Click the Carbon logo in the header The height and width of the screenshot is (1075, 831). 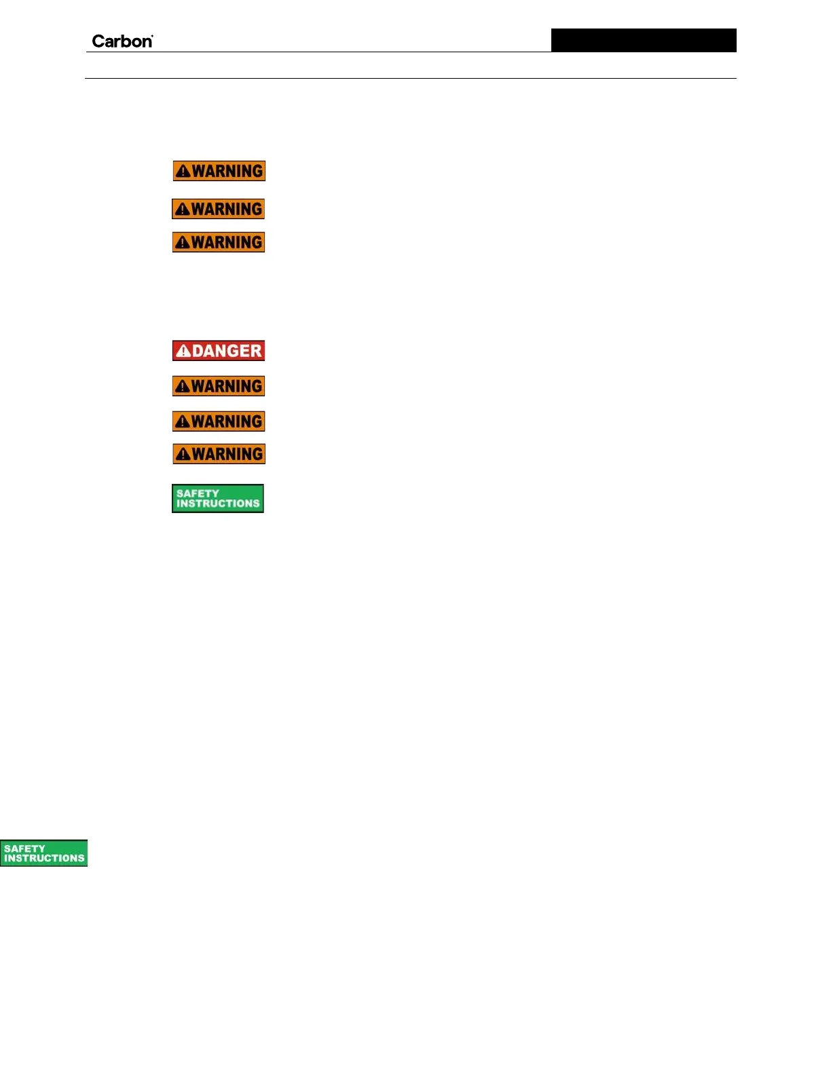pos(122,41)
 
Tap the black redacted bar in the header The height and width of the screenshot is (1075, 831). pos(643,40)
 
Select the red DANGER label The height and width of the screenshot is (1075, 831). pos(218,350)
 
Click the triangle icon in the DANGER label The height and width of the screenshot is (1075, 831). pos(183,351)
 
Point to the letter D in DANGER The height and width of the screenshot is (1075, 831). pos(198,351)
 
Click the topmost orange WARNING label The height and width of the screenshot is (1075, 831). pos(219,171)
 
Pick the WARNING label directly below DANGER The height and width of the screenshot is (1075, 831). pos(218,386)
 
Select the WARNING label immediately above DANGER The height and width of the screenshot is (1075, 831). pos(218,242)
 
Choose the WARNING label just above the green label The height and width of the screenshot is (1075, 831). pos(219,454)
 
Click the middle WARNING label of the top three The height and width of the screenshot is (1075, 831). pos(218,209)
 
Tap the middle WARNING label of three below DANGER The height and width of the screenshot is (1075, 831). pos(218,421)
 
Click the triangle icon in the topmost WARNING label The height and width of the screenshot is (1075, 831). pos(183,172)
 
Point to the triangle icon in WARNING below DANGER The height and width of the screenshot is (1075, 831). pos(182,387)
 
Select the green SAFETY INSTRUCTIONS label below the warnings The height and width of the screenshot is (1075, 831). pos(217,498)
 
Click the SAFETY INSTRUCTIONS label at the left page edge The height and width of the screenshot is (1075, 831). pos(44,853)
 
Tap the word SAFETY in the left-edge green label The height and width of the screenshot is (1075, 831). pos(24,848)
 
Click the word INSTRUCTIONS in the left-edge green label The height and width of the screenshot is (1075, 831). pos(44,859)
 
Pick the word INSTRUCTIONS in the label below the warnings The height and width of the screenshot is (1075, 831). pos(218,504)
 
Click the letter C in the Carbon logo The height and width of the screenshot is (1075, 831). pos(98,41)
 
